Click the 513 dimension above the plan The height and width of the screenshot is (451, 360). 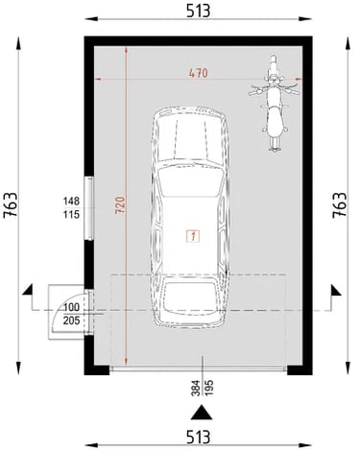tap(198, 11)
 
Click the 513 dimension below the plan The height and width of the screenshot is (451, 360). tap(198, 438)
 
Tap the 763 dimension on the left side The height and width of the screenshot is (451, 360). tap(11, 205)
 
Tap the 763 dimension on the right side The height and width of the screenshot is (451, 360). tap(340, 205)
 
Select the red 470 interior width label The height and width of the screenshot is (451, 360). tap(199, 73)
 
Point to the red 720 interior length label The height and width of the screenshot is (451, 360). tap(120, 205)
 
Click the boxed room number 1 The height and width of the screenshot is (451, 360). tap(193, 236)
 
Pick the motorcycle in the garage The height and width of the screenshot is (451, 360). tap(274, 104)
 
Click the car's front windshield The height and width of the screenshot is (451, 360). tap(191, 181)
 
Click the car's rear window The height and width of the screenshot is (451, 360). tap(191, 297)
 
